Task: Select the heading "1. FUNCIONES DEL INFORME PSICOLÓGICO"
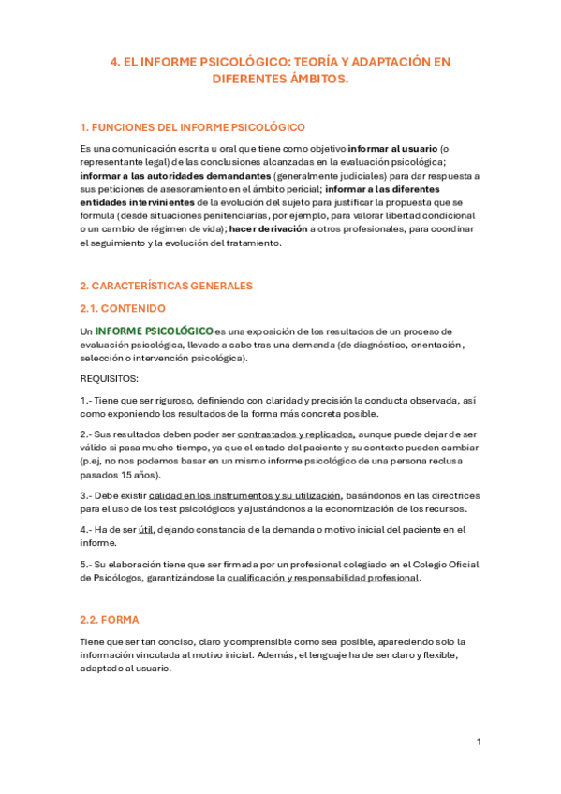193,127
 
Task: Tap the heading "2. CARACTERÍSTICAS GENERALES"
166,286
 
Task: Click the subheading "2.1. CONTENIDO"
123,308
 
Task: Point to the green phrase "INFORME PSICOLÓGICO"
155,331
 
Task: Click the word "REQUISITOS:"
110,379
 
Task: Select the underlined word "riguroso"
175,401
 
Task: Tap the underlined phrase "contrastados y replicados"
296,434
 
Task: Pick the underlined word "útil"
145,529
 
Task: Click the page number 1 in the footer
479,742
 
